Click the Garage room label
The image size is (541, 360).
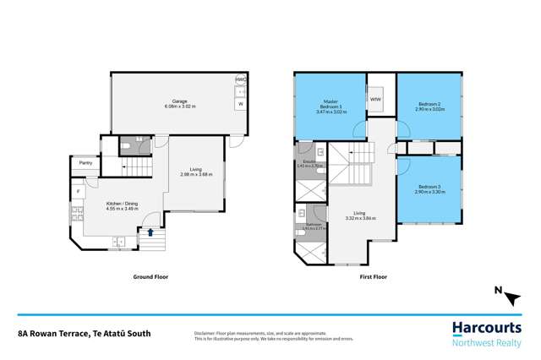point(179,101)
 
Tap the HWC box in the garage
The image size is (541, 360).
point(240,80)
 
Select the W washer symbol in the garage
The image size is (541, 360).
point(240,104)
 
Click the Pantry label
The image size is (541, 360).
point(85,164)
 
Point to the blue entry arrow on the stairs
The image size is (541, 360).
point(150,232)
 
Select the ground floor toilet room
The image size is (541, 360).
point(133,146)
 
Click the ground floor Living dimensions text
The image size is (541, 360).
point(196,175)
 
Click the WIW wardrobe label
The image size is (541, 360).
point(375,100)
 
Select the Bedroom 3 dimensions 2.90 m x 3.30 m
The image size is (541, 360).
point(429,192)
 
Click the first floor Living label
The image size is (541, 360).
point(359,214)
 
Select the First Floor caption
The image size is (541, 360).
point(377,276)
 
